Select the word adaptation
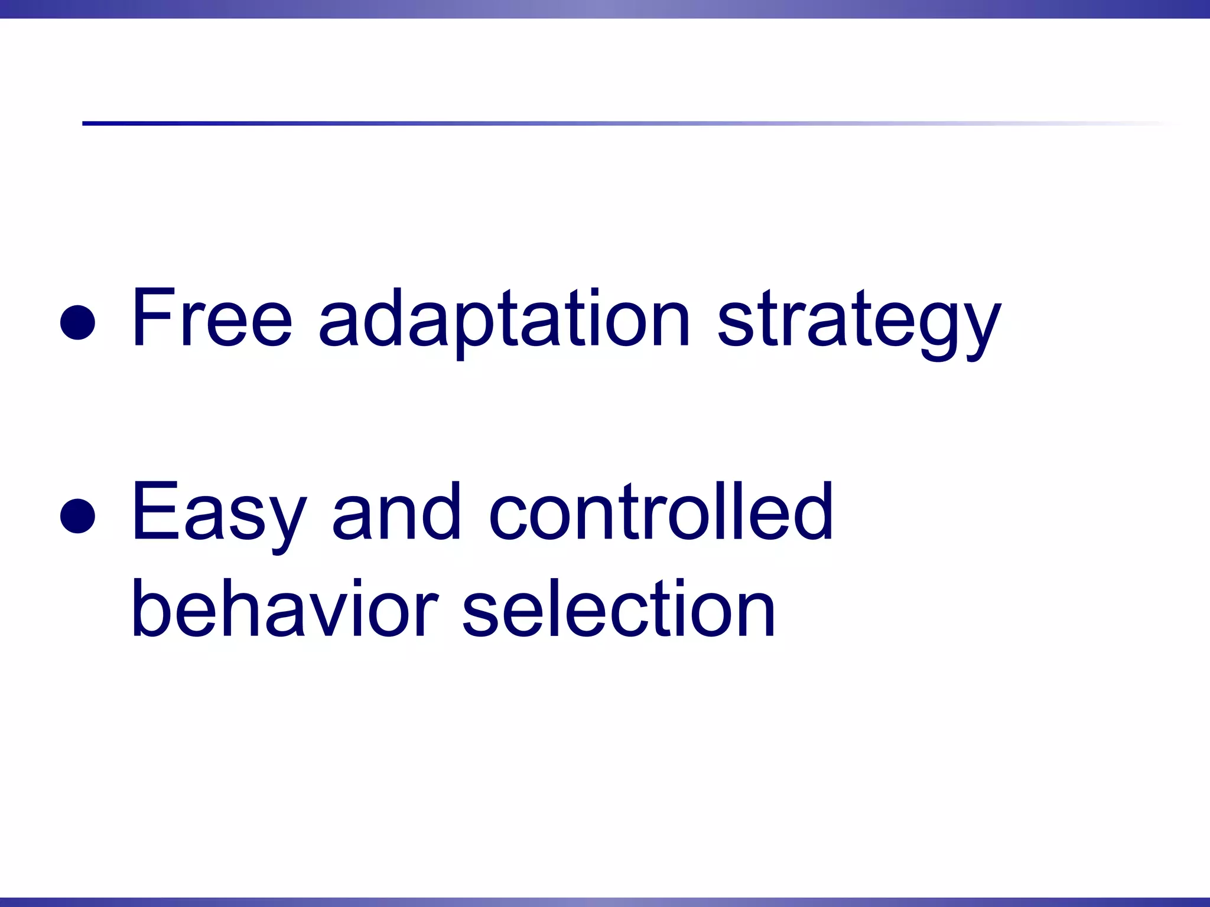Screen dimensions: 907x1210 tap(504, 319)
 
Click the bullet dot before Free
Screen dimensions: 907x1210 tap(77, 322)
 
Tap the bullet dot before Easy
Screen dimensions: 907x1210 tap(77, 516)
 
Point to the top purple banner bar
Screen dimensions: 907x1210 tap(605, 9)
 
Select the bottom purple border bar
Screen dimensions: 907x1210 tap(605, 902)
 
